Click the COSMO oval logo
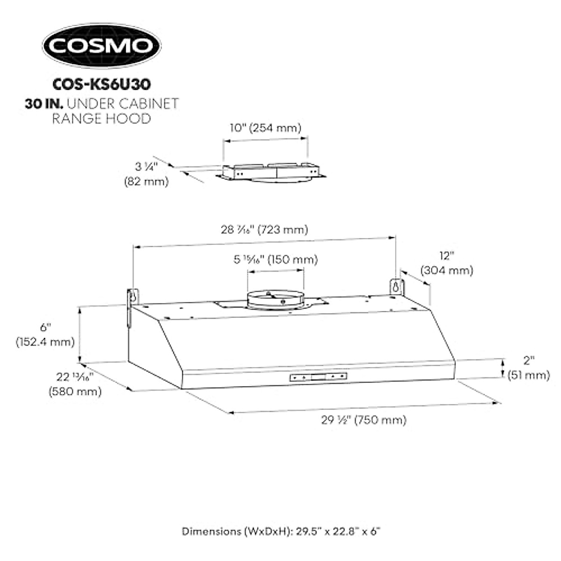coord(101,46)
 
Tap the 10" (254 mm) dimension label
coord(265,128)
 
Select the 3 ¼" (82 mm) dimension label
coord(146,174)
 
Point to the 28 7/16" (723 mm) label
coord(265,230)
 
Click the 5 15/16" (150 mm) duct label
coord(275,259)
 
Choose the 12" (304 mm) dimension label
coord(446,263)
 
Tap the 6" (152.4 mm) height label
coord(45,334)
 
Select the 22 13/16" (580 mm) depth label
coord(75,384)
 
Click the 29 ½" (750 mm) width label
coord(363,420)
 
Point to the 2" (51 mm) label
coord(528,367)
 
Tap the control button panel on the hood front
coord(318,376)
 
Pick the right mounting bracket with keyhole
coord(396,287)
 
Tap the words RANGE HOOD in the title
coord(101,118)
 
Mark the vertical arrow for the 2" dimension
coord(503,368)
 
